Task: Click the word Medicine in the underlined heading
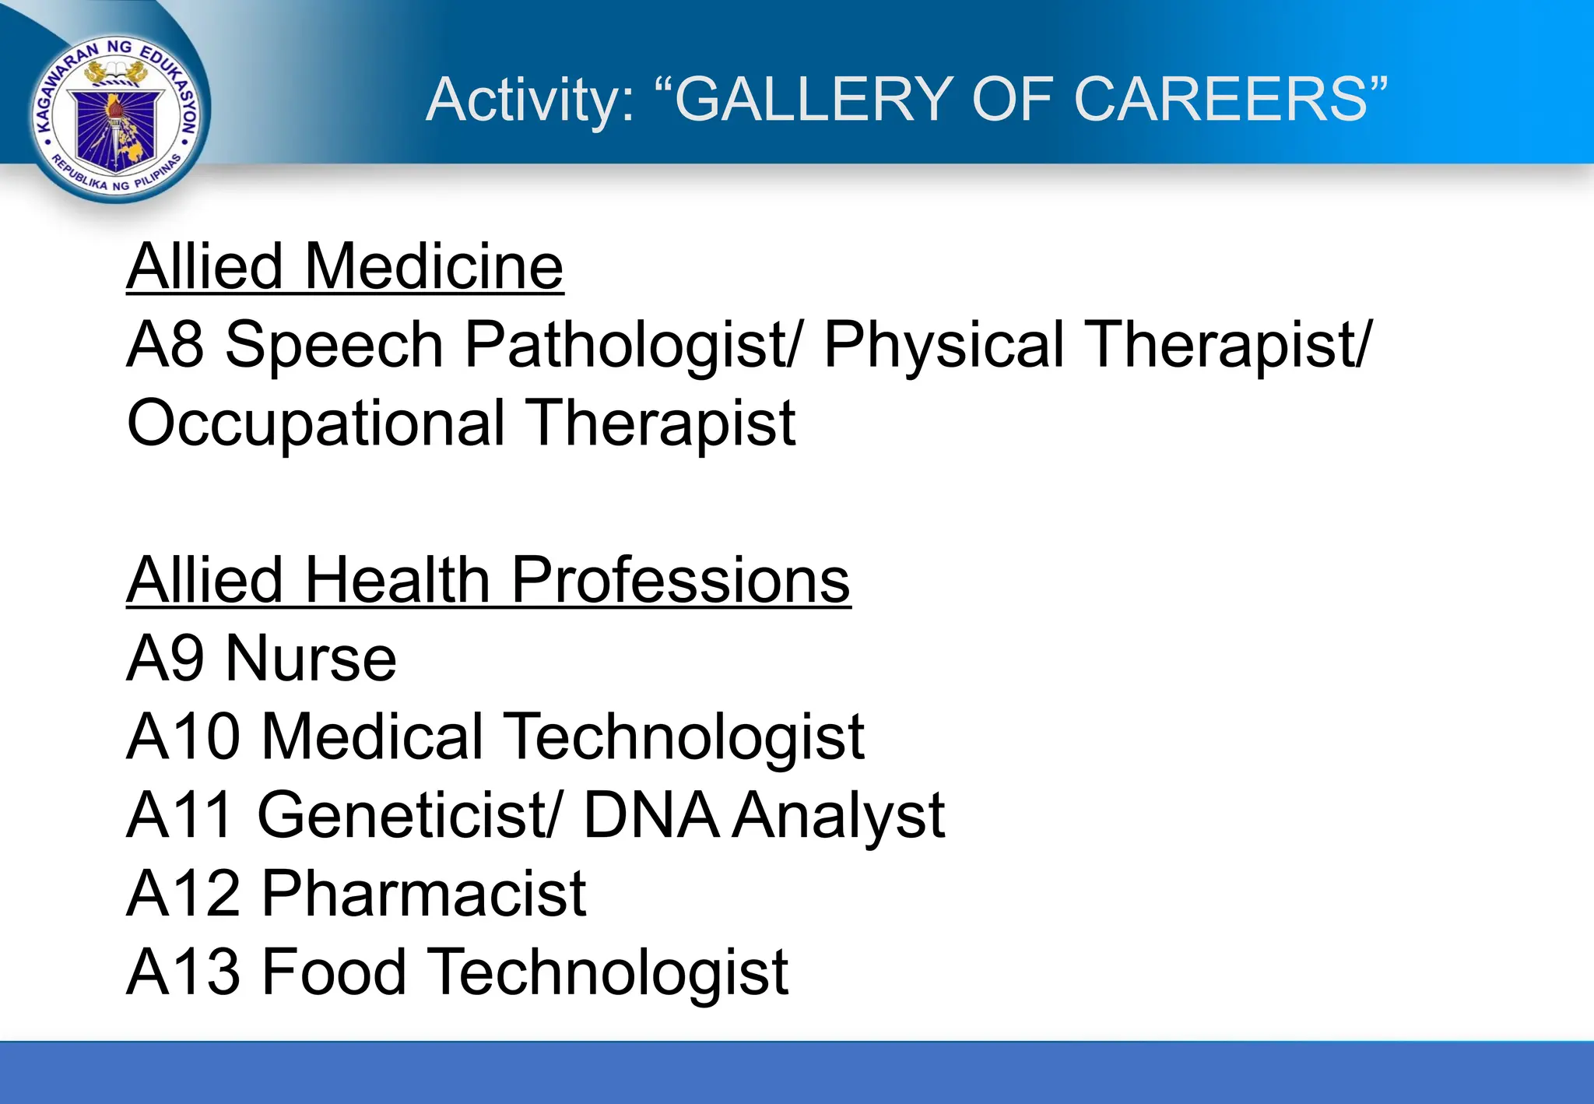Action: click(434, 267)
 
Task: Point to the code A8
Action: click(165, 345)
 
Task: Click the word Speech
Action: click(334, 345)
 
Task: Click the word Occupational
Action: click(316, 424)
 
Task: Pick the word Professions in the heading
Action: click(680, 580)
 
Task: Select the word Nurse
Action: click(311, 659)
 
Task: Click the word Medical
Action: click(373, 737)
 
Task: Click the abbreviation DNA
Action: click(651, 815)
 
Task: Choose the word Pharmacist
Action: click(423, 894)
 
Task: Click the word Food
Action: click(334, 972)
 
